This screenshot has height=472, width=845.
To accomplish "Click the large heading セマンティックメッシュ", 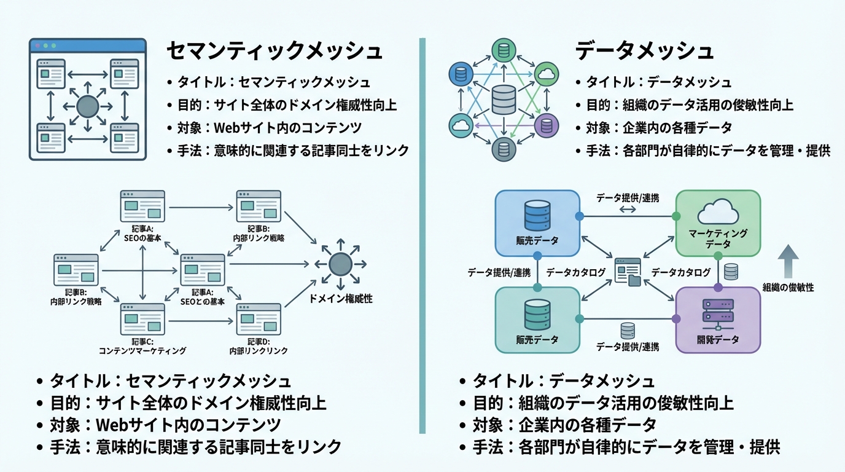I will pyautogui.click(x=275, y=51).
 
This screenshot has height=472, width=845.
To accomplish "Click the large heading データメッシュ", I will pyautogui.click(x=644, y=51).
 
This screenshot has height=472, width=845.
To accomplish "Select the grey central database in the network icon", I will pyautogui.click(x=504, y=100).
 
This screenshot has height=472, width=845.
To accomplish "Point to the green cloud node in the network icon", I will pyautogui.click(x=545, y=74).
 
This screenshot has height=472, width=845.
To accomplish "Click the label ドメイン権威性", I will pyautogui.click(x=341, y=299).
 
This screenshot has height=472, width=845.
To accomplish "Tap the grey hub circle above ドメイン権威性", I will pyautogui.click(x=340, y=264).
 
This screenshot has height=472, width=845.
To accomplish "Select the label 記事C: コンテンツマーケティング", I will pyautogui.click(x=142, y=345).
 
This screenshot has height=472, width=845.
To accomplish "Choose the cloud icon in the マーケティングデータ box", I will pyautogui.click(x=718, y=213).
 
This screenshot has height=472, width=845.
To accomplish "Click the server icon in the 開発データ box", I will pyautogui.click(x=718, y=313).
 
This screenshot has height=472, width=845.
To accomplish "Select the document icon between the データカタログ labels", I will pyautogui.click(x=629, y=272).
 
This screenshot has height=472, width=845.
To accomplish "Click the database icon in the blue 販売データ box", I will pyautogui.click(x=537, y=215).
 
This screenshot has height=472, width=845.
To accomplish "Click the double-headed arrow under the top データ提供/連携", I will pyautogui.click(x=627, y=210).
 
